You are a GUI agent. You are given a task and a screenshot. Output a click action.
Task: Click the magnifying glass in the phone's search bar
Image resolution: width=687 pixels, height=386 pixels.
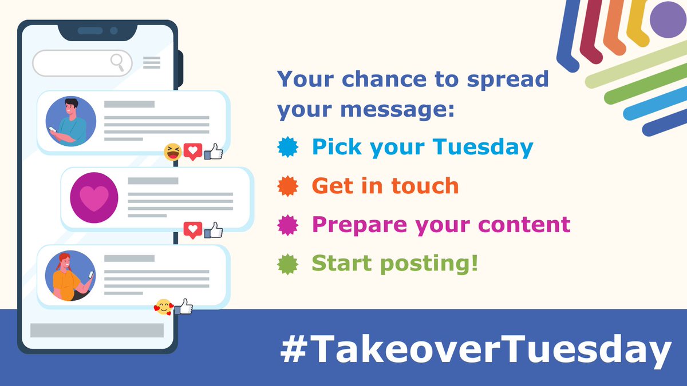[118, 61]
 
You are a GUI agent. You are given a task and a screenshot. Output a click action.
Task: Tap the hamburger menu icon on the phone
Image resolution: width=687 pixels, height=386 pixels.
[152, 62]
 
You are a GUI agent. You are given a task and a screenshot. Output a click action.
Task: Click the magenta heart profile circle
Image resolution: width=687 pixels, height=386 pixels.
[94, 197]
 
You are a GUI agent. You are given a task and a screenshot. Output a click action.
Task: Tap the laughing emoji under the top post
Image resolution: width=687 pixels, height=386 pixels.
[172, 152]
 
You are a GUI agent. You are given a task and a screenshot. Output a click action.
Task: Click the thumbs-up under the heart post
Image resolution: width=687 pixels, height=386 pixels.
[214, 230]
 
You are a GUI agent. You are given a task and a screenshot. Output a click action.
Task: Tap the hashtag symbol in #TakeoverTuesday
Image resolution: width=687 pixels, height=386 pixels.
[293, 350]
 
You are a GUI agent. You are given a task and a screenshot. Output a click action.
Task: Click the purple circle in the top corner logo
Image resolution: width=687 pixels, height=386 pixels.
[668, 19]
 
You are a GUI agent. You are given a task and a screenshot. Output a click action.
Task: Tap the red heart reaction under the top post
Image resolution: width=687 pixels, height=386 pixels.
[193, 152]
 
